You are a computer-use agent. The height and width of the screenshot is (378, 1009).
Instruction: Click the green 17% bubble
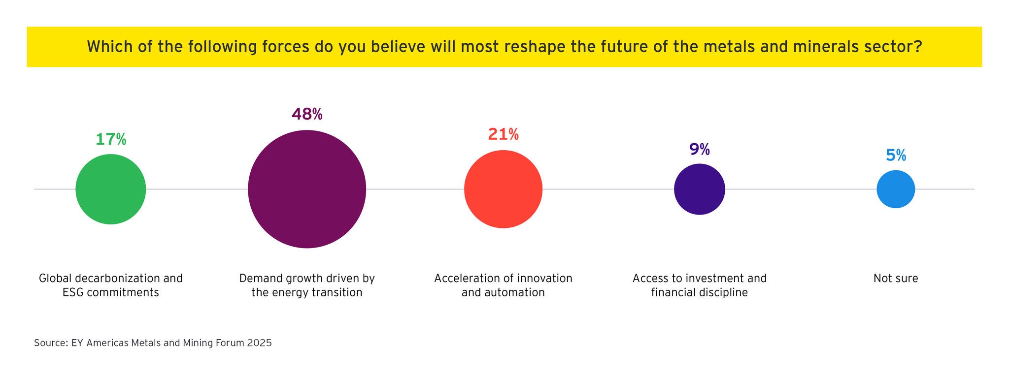(x=111, y=189)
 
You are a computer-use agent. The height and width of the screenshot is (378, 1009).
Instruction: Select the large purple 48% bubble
(x=306, y=189)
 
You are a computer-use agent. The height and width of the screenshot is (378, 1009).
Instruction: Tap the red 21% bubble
(x=503, y=189)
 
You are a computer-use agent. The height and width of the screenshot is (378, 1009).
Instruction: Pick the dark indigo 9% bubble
(x=699, y=189)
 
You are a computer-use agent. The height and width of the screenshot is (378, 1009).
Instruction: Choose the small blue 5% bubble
(x=896, y=189)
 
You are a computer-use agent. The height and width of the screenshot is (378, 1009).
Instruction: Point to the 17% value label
(x=111, y=140)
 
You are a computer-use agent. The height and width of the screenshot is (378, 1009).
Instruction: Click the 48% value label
(x=306, y=114)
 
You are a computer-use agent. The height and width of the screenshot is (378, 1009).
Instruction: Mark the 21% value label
(x=503, y=134)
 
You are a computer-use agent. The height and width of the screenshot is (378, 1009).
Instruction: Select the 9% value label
(x=699, y=149)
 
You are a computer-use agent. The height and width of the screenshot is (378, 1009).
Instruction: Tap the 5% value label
(x=896, y=156)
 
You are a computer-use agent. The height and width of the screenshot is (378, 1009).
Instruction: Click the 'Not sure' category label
(x=896, y=279)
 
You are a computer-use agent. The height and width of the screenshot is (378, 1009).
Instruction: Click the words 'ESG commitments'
(x=111, y=293)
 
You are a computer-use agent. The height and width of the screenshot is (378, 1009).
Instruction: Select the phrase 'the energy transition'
(x=306, y=293)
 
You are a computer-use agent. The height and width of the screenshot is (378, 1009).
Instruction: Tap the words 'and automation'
(x=503, y=293)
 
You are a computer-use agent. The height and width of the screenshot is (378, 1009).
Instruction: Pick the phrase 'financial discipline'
(x=699, y=293)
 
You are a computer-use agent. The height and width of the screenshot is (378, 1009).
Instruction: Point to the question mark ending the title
(x=917, y=47)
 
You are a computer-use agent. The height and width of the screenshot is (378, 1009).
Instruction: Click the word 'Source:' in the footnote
(x=51, y=343)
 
